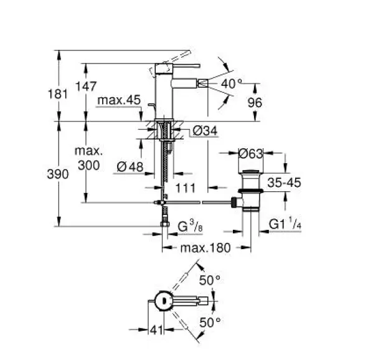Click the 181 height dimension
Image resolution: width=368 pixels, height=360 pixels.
58,94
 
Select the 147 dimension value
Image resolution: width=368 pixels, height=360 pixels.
86,86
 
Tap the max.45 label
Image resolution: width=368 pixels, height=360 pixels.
119,100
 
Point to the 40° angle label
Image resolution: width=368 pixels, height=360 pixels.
232,83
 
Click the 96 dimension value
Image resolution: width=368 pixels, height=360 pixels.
255,103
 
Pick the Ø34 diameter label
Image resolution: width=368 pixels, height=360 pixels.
205,130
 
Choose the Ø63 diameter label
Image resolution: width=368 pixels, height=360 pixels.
251,154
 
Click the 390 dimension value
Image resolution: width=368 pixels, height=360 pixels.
58,174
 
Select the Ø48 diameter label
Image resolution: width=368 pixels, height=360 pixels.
130,167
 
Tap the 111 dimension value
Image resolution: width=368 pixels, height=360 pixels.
186,188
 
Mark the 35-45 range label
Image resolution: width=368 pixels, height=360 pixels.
284,182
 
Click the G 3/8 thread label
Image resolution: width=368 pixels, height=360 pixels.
191,226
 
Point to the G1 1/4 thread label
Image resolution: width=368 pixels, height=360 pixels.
285,224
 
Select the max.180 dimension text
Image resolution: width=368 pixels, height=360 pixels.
205,248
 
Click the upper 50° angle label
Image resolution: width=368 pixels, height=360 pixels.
210,280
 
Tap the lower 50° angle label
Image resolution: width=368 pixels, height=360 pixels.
210,323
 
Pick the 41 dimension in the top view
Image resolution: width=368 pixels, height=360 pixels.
156,330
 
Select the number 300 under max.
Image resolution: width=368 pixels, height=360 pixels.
88,166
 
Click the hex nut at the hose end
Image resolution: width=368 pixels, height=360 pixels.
165,224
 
